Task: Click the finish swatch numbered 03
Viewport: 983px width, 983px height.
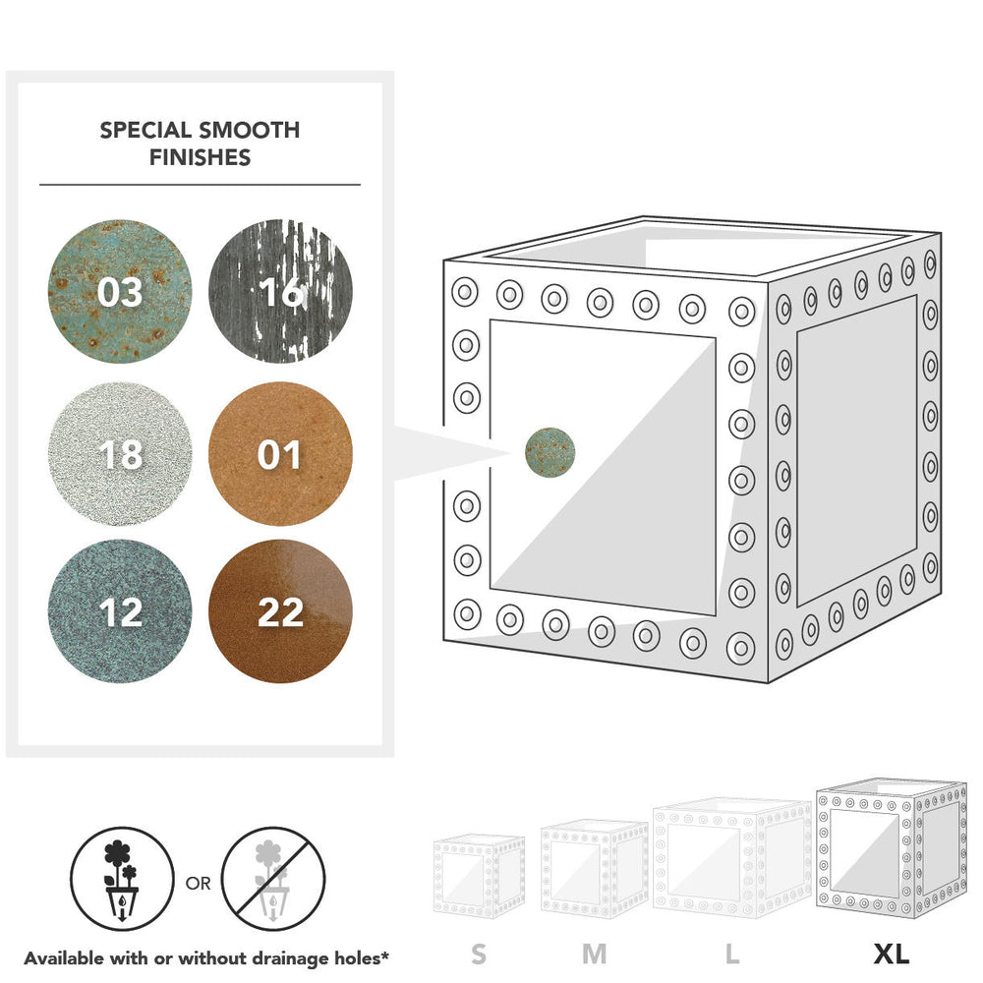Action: point(120,292)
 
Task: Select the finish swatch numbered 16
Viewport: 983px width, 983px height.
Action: point(280,292)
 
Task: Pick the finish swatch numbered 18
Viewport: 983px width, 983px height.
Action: point(120,454)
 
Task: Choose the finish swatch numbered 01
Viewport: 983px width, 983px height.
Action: point(280,454)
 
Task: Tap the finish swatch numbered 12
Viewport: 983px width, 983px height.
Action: point(120,611)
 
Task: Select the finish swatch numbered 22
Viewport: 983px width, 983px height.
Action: point(280,611)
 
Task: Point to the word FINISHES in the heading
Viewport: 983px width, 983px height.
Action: point(200,157)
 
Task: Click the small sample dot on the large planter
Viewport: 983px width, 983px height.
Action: point(549,452)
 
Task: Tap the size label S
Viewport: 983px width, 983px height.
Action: point(479,954)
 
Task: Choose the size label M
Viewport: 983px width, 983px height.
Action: point(595,954)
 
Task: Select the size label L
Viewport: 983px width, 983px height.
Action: point(731,954)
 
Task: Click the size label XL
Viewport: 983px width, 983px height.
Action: point(892,954)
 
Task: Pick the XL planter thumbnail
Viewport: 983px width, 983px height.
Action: point(892,849)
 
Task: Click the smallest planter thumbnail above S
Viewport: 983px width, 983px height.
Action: point(479,876)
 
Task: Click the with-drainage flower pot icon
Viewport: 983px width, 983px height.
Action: point(122,879)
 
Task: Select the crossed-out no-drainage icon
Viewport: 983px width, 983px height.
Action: point(273,879)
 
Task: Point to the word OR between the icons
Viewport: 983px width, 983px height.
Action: point(199,884)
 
